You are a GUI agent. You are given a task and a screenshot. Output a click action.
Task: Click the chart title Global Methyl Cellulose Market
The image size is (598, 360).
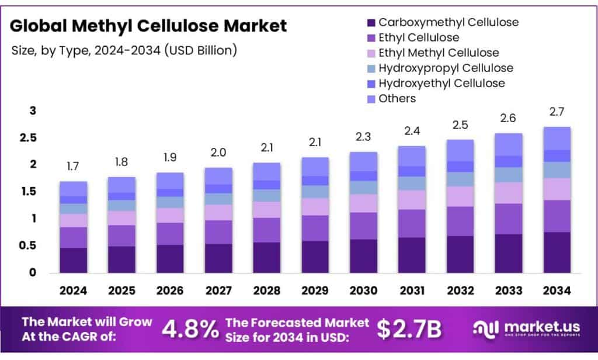(149, 26)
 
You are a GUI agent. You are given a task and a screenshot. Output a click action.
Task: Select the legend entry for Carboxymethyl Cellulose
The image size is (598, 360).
(448, 23)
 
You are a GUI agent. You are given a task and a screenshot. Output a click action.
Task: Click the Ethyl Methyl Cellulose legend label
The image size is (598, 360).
(439, 53)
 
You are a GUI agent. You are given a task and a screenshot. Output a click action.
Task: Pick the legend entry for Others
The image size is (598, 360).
(397, 98)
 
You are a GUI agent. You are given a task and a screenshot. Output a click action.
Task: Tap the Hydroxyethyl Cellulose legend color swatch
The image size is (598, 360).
(371, 84)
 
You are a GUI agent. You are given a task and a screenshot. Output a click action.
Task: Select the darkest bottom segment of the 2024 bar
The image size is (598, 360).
(73, 260)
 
